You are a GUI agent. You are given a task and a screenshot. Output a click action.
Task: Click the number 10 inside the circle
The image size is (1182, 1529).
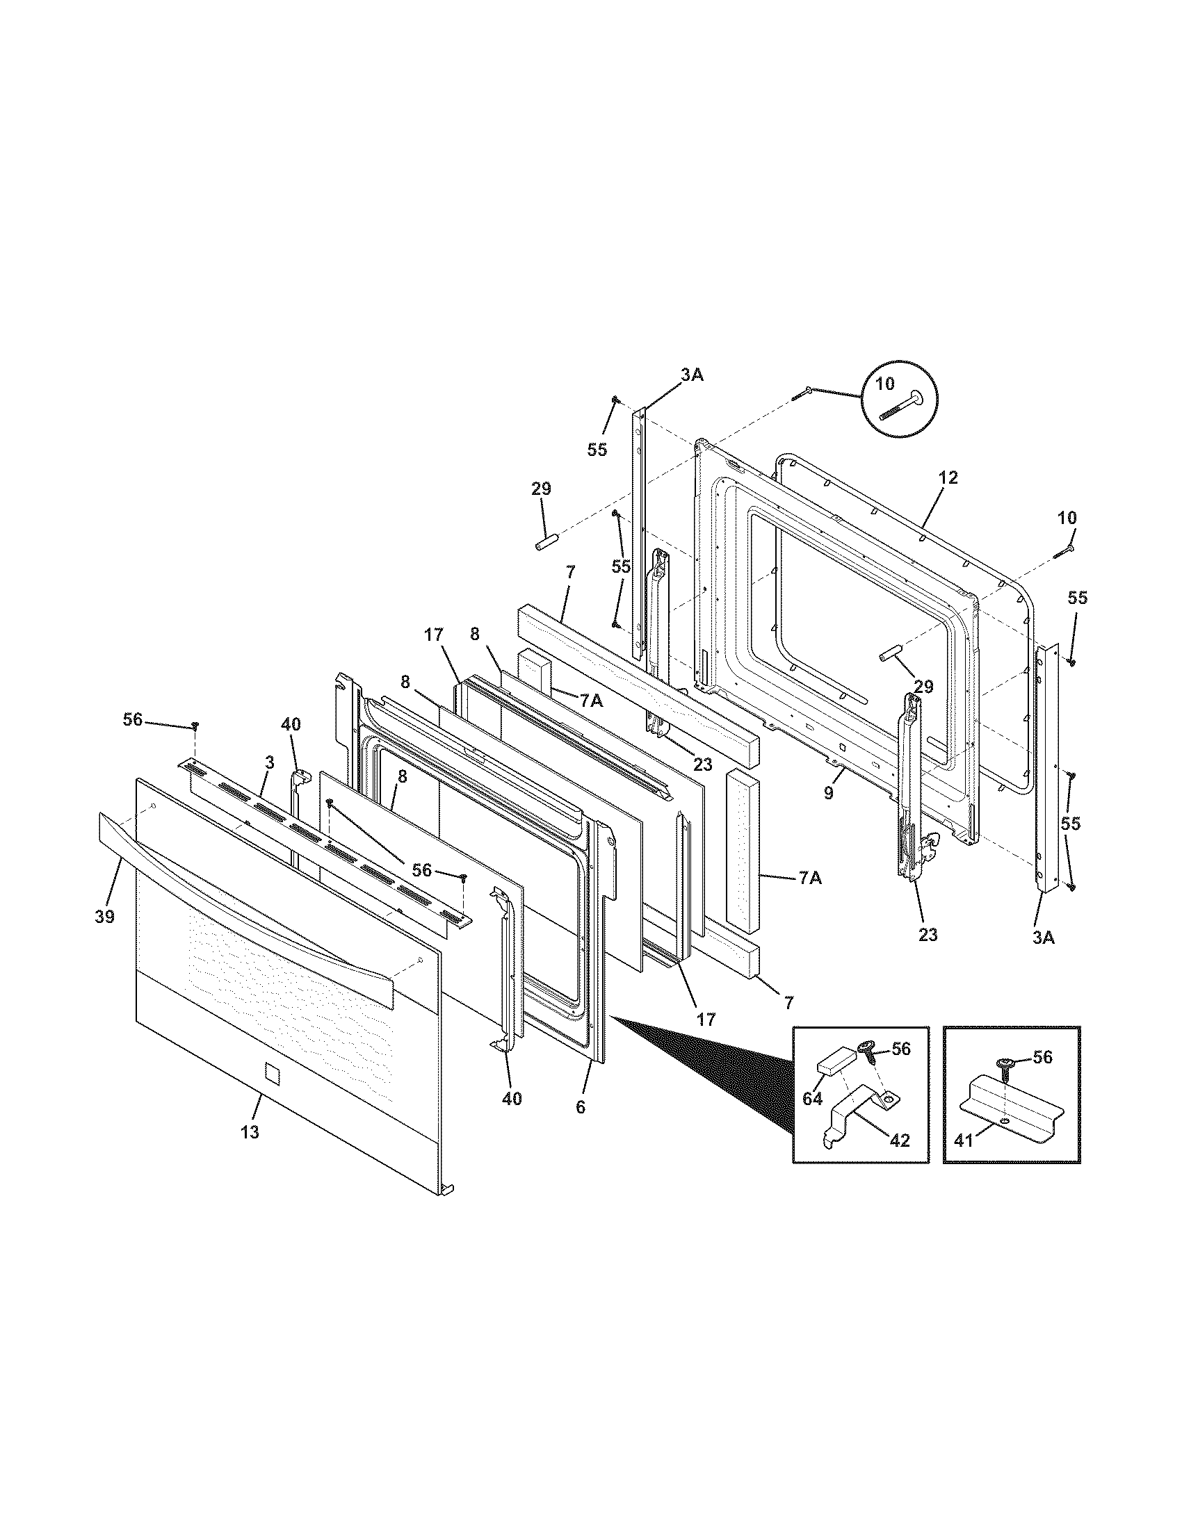884,384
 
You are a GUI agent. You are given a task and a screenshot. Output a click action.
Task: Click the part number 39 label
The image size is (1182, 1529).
104,916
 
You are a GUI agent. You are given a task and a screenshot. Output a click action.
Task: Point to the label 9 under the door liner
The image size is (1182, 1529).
828,794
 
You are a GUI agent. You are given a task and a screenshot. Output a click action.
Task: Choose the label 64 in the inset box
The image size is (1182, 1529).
812,1099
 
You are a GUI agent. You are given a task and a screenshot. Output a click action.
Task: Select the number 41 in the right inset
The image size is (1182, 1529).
964,1141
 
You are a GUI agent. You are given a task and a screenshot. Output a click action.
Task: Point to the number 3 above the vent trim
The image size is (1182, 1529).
270,761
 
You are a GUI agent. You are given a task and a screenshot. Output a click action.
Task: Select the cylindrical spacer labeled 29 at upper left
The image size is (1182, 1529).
546,543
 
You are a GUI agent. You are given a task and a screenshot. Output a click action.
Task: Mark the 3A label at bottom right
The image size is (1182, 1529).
1044,937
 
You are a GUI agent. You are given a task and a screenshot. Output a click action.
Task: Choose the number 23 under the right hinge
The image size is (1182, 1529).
927,934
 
